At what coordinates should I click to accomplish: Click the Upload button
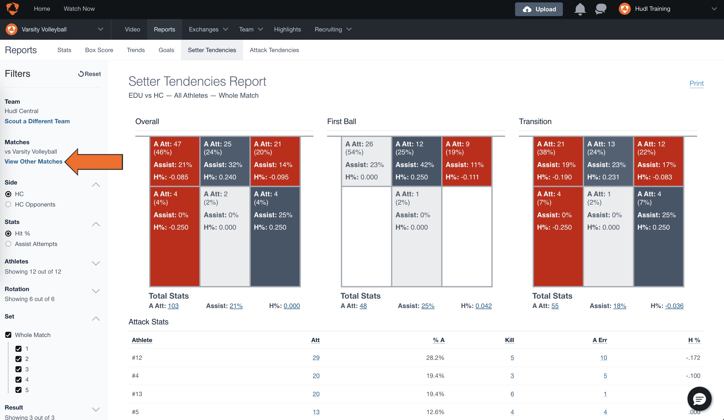pyautogui.click(x=538, y=9)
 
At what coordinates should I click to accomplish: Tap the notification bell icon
pyautogui.click(x=580, y=9)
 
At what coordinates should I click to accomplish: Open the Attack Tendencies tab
pyautogui.click(x=274, y=50)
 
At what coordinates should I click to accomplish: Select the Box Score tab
pyautogui.click(x=99, y=50)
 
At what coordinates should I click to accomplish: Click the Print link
pyautogui.click(x=696, y=83)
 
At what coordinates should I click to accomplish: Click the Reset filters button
pyautogui.click(x=89, y=74)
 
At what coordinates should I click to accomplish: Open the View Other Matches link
pyautogui.click(x=33, y=161)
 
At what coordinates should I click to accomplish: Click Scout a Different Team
pyautogui.click(x=37, y=121)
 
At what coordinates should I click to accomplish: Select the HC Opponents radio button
pyautogui.click(x=8, y=204)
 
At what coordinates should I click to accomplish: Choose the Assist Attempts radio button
pyautogui.click(x=8, y=244)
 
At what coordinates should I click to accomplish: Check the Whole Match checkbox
pyautogui.click(x=8, y=335)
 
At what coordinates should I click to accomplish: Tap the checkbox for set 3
pyautogui.click(x=18, y=369)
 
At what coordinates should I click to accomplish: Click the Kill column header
pyautogui.click(x=509, y=340)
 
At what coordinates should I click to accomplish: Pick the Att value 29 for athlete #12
pyautogui.click(x=316, y=358)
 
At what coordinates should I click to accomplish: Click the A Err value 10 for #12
pyautogui.click(x=603, y=358)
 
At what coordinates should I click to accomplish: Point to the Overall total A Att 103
pyautogui.click(x=173, y=306)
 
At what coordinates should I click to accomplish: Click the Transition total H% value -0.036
pyautogui.click(x=674, y=306)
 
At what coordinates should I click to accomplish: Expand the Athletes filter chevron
pyautogui.click(x=96, y=263)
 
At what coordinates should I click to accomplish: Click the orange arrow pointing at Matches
pyautogui.click(x=94, y=162)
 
